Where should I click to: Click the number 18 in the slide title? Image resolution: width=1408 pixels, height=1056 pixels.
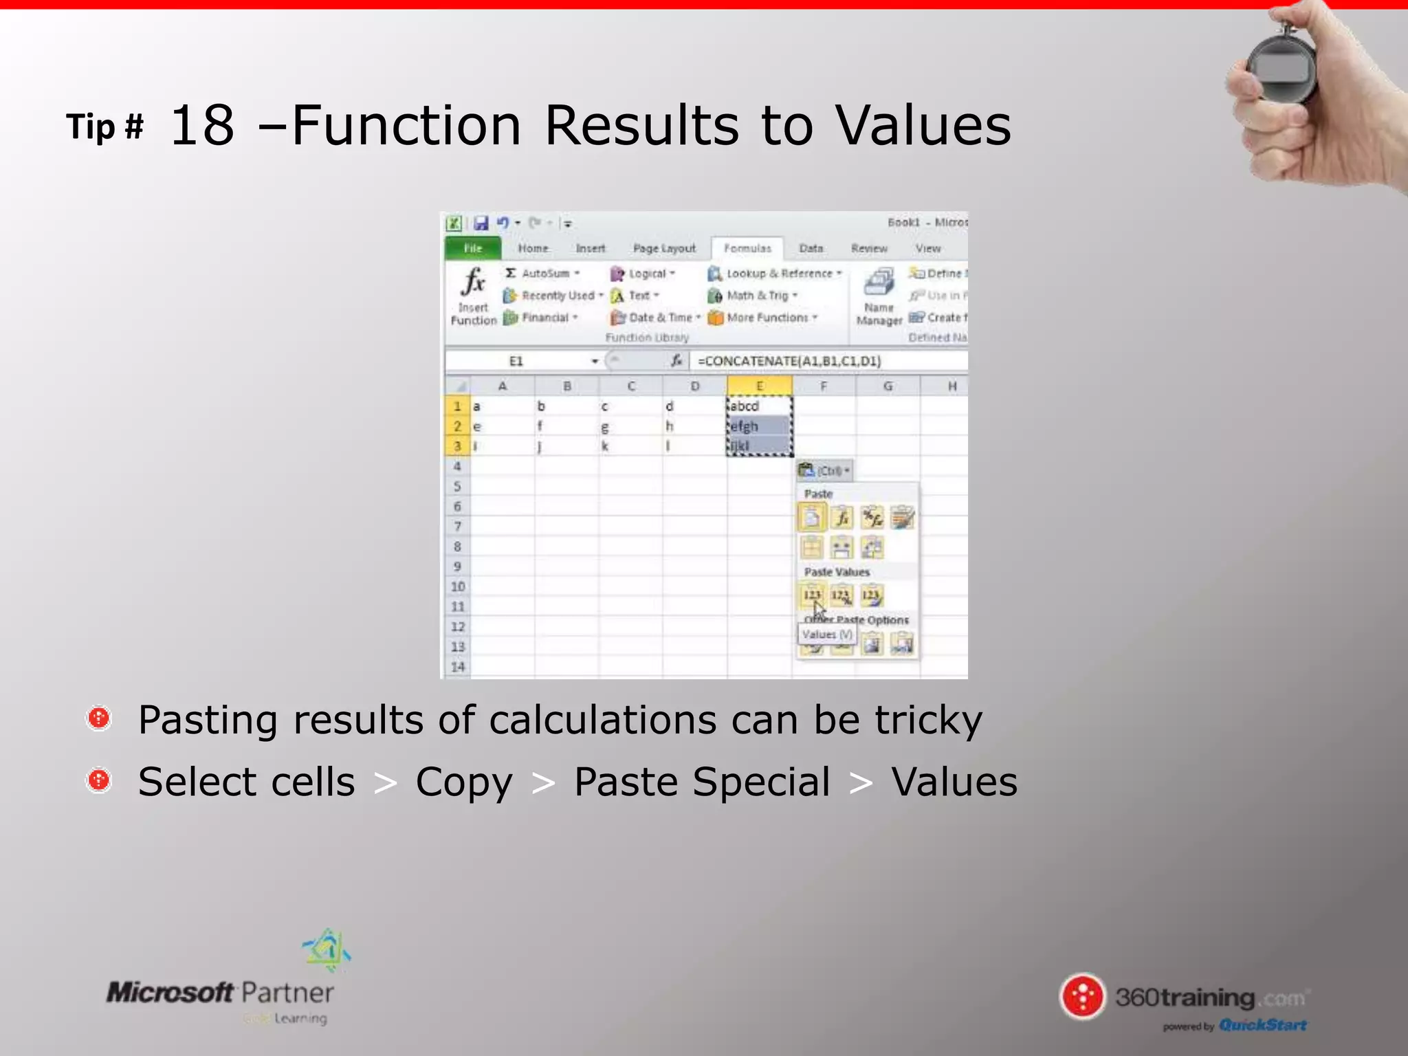202,126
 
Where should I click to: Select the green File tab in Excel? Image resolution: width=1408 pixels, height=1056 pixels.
473,248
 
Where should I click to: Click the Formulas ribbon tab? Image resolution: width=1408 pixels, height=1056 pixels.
747,248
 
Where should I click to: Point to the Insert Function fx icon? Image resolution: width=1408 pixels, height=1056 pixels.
474,282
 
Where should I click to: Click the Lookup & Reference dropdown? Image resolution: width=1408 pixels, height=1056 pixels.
776,274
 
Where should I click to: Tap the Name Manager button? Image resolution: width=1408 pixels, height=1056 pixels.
879,296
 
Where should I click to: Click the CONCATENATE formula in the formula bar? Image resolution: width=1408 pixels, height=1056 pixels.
789,361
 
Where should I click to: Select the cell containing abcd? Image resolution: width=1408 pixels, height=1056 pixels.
759,406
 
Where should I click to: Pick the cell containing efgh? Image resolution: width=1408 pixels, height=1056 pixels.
759,426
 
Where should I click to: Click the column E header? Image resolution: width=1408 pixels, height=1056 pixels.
759,386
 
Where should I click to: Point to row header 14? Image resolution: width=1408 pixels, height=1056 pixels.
457,667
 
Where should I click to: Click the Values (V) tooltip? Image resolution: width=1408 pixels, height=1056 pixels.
827,635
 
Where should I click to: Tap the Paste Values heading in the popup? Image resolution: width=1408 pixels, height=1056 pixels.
837,572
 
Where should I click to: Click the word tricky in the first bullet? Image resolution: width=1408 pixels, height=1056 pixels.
928,720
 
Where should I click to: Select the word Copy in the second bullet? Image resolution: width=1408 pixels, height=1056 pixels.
464,782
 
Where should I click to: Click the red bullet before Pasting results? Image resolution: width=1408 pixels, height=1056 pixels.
99,718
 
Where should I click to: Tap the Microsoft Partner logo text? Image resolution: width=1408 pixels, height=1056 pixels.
220,993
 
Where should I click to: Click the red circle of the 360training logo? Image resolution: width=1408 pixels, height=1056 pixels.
1083,996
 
